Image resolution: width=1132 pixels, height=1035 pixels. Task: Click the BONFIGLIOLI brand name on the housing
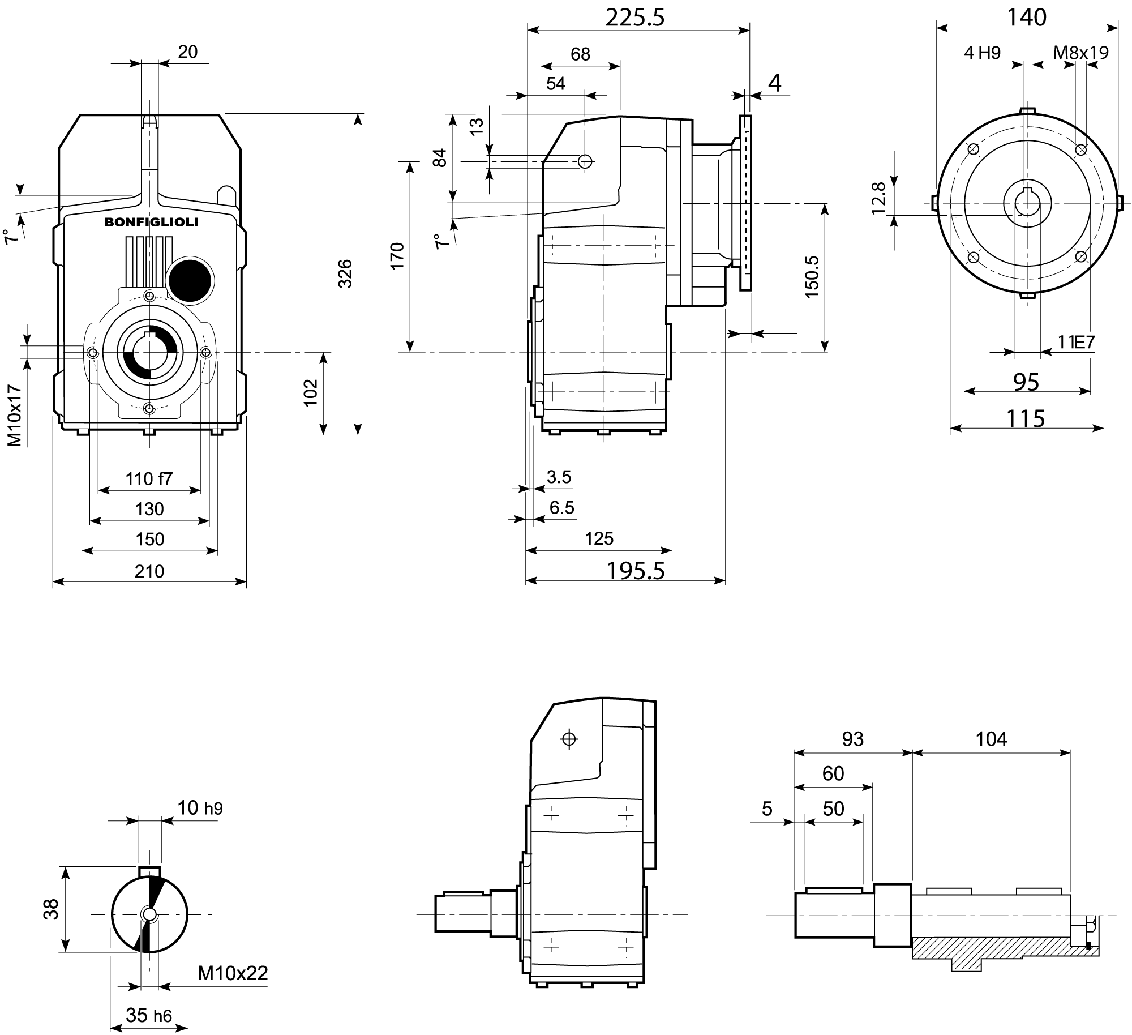(151, 223)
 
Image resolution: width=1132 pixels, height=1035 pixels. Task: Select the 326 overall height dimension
(345, 273)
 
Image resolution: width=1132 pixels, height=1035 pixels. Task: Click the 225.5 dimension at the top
(634, 18)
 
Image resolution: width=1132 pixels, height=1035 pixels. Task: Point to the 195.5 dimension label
(636, 571)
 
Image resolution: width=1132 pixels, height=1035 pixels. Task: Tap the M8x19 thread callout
(1080, 53)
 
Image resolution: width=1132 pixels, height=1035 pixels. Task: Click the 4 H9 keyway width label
(982, 53)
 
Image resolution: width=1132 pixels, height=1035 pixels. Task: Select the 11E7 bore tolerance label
(1077, 342)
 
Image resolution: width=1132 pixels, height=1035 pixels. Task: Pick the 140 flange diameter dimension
(1026, 18)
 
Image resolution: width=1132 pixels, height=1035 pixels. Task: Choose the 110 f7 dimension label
(149, 479)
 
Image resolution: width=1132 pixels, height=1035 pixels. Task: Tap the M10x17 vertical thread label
(15, 416)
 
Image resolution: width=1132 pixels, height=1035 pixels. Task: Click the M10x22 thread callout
(233, 973)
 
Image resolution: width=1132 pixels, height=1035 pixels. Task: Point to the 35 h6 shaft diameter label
(148, 1015)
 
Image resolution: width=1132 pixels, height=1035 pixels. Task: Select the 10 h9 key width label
(200, 807)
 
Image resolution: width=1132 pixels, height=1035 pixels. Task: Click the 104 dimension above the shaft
(991, 738)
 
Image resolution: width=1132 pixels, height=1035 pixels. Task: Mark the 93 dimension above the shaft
(852, 738)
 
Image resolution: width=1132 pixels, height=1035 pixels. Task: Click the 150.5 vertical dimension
(811, 277)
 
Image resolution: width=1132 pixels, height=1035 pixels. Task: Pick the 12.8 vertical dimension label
(878, 198)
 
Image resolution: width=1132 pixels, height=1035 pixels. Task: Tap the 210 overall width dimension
(149, 571)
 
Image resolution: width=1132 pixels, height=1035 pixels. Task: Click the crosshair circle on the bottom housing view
(569, 739)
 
